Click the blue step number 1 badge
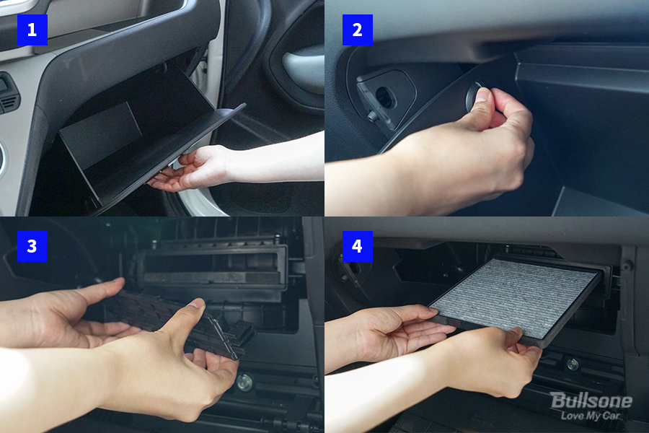point(32,30)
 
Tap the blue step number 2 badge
point(357,30)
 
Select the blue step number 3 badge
point(32,246)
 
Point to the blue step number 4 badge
point(357,246)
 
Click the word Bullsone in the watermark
point(591,401)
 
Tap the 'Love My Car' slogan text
point(590,415)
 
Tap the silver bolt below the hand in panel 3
point(244,382)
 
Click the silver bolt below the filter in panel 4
point(573,364)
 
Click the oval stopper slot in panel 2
point(386,98)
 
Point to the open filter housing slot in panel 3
point(212,267)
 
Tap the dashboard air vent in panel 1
point(8,94)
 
